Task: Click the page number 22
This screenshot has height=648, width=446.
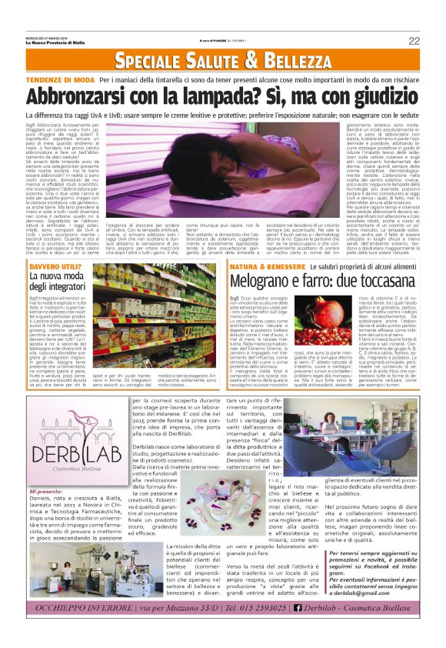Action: pyautogui.click(x=414, y=41)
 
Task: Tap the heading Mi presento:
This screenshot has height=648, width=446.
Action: pyautogui.click(x=47, y=490)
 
